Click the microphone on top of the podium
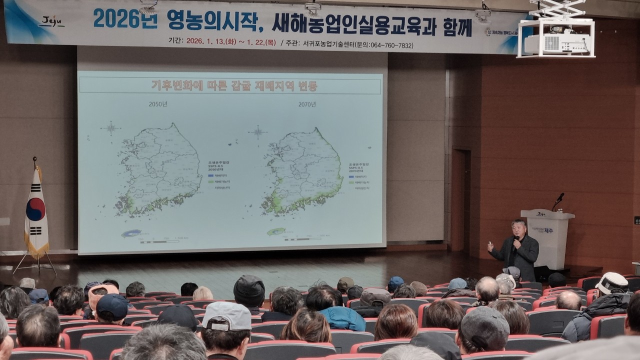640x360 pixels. [558, 199]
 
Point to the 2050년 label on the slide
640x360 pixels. [157, 104]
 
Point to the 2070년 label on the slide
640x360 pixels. [306, 104]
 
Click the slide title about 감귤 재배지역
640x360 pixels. [234, 85]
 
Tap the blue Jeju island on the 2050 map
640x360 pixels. [131, 233]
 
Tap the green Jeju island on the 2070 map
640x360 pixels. [275, 231]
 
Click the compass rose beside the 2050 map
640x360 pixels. [110, 128]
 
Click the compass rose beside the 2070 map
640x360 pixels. [257, 132]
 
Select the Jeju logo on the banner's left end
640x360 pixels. [51, 22]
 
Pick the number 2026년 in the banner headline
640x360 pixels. [125, 19]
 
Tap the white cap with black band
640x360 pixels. [612, 283]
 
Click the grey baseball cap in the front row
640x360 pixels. [227, 316]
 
